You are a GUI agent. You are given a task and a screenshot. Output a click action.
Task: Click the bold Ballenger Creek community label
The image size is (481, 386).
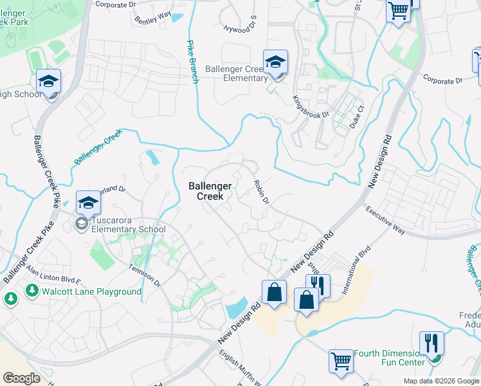tap(207, 190)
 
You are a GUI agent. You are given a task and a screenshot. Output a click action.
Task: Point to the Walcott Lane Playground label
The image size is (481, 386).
tap(92, 291)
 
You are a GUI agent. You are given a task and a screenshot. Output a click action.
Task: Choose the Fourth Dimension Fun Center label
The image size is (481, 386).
tap(390, 358)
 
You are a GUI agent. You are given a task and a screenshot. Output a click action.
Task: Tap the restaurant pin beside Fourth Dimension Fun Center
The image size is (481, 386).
tap(431, 344)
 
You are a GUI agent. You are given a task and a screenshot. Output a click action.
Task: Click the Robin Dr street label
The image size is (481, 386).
tap(260, 191)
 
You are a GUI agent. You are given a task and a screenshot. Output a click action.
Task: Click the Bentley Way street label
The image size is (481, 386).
tap(153, 17)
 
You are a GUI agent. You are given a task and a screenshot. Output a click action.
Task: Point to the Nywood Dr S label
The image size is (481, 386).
tap(240, 28)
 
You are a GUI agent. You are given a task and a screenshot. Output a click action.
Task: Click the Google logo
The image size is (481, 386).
tap(22, 379)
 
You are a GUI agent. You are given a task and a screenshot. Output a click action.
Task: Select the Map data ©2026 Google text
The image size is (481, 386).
tap(440, 381)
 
